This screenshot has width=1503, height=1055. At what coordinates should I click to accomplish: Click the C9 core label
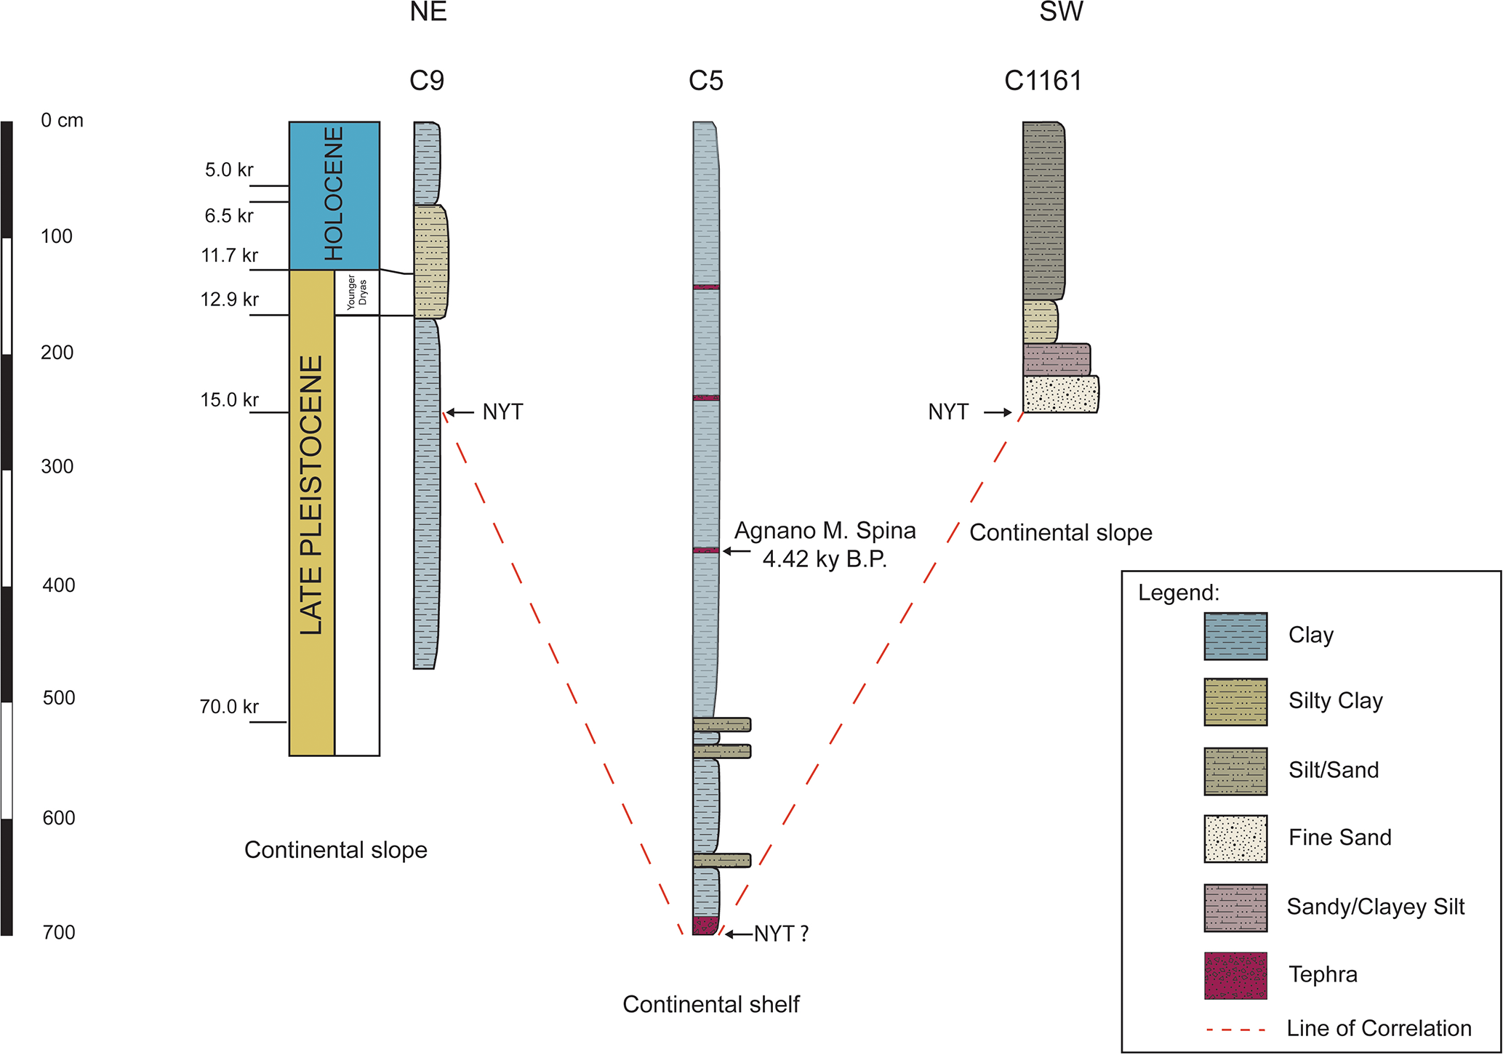point(427,81)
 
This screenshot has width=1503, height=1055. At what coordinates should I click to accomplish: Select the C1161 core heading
point(1043,81)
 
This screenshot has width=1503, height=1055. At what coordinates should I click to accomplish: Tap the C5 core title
point(705,81)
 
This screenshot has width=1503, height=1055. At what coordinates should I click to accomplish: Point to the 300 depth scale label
point(57,467)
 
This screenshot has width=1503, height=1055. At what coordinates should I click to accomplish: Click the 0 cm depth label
point(62,121)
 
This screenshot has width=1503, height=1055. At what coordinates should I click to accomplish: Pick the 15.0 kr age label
point(229,400)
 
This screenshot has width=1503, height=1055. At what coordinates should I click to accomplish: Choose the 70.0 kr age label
point(229,707)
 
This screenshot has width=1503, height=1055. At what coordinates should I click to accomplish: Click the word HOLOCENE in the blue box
point(334,194)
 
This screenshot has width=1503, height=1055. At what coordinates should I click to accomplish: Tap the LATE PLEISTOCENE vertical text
point(311,495)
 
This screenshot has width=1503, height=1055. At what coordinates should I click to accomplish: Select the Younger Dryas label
point(356,292)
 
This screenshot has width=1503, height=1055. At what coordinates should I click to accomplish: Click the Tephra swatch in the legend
point(1235,976)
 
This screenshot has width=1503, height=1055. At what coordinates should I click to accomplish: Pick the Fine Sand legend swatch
point(1235,839)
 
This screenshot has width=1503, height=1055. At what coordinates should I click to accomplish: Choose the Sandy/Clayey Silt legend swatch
point(1235,908)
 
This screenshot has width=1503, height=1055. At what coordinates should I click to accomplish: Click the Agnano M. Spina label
point(825,531)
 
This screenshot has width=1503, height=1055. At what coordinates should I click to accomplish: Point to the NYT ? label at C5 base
point(781,934)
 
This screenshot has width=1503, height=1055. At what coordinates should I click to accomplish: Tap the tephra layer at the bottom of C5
point(705,926)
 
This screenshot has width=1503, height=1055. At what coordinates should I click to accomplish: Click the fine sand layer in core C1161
point(1060,395)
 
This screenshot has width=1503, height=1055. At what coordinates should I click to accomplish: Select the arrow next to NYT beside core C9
point(460,412)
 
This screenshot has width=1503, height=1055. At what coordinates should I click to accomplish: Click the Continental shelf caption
point(710,1005)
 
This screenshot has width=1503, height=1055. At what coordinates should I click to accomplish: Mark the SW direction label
point(1061,12)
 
